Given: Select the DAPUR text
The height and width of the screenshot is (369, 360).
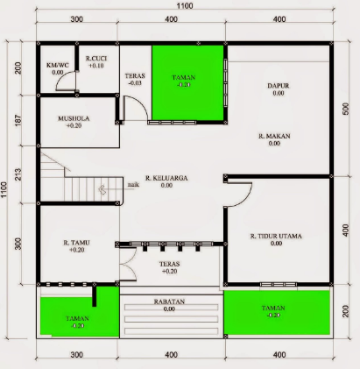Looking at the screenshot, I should coord(278,85).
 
